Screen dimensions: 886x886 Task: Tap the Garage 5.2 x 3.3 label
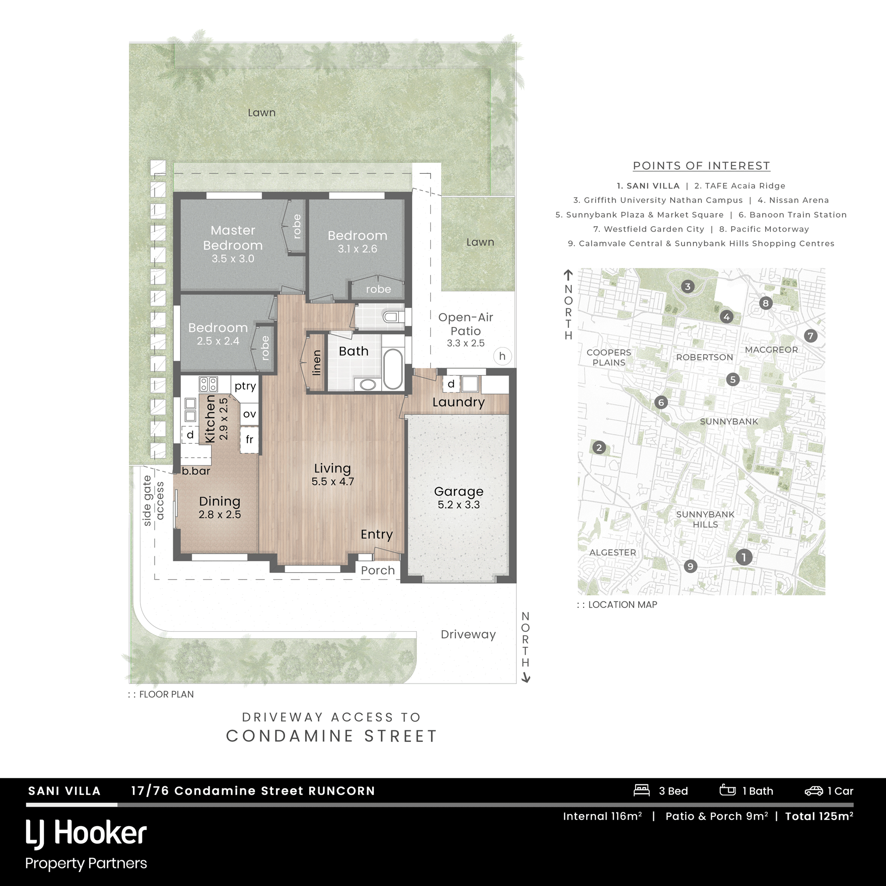(x=458, y=497)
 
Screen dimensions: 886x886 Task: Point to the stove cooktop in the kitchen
(x=208, y=384)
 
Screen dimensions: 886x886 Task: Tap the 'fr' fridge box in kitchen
(x=249, y=440)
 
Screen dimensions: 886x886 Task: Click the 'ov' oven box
(x=249, y=414)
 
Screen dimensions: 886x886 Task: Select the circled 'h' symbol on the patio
(x=502, y=356)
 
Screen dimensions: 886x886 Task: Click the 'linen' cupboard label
(x=316, y=363)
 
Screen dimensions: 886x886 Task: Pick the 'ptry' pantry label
(x=245, y=386)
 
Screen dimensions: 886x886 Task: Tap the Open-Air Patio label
(x=465, y=330)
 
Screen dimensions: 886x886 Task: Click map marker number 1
(x=743, y=557)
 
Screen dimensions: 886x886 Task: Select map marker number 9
(x=690, y=566)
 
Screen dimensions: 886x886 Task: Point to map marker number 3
(x=688, y=287)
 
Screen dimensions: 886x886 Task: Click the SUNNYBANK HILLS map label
(x=705, y=519)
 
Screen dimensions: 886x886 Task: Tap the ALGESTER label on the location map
(x=612, y=553)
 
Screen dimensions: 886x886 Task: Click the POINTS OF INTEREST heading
(x=701, y=166)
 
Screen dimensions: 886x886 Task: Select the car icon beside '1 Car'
(x=813, y=791)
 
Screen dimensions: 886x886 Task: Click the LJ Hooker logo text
(x=86, y=833)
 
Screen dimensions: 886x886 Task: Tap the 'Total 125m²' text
(x=819, y=816)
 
